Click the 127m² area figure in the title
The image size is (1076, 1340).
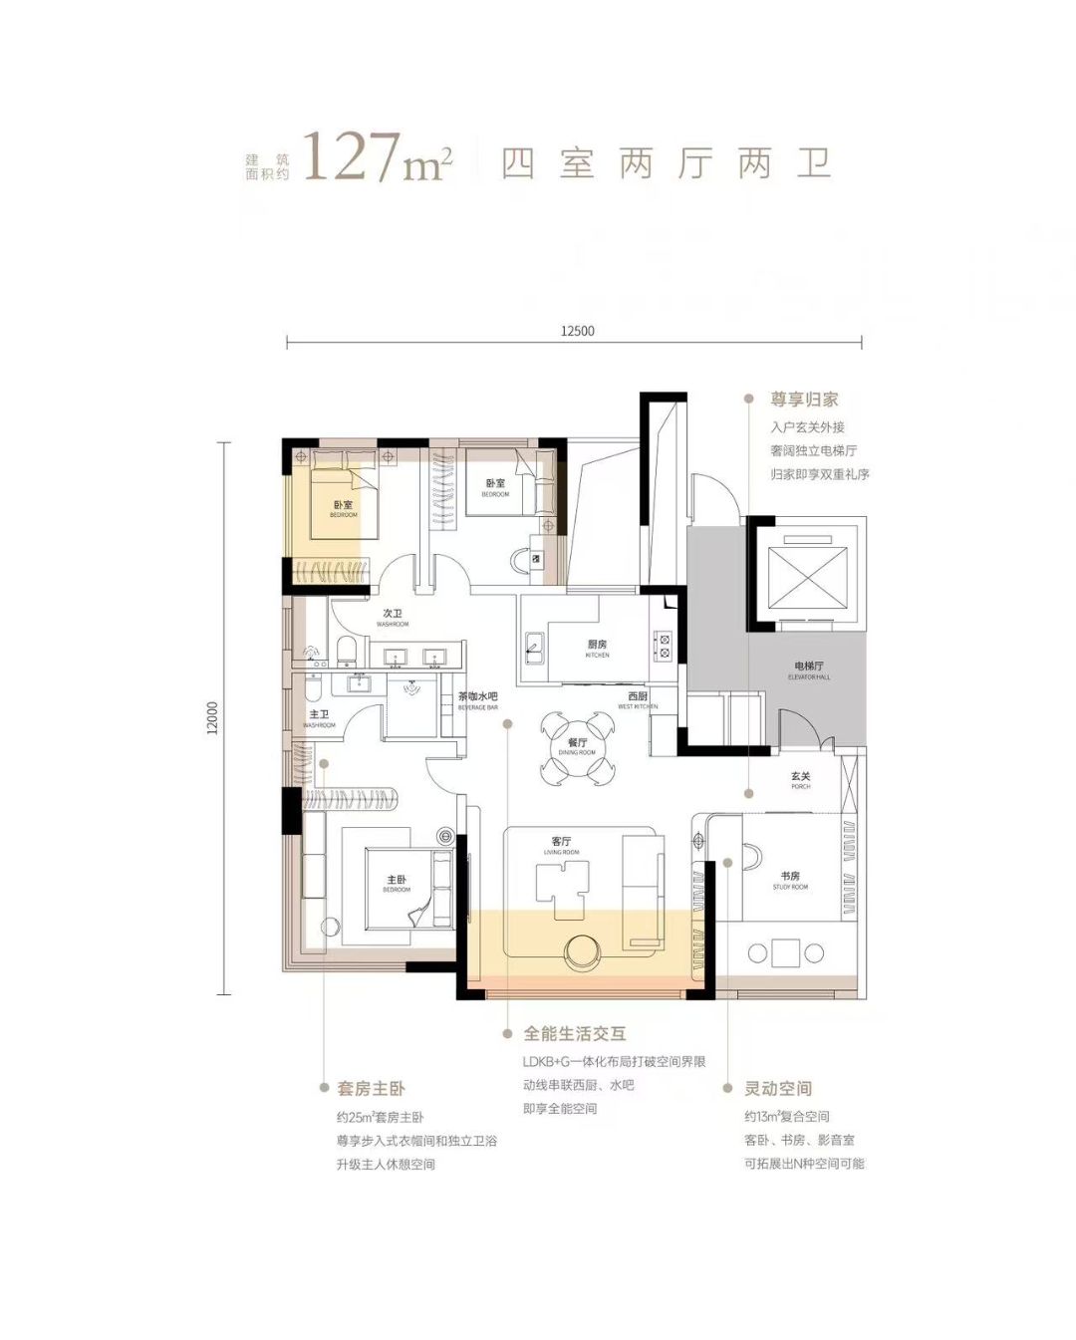[377, 159]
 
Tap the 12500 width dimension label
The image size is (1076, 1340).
[577, 331]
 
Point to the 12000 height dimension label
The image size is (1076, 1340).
[211, 717]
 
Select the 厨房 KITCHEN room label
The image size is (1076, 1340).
[597, 648]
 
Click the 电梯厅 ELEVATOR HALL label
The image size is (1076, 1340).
[808, 670]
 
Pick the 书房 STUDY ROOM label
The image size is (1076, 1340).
[790, 880]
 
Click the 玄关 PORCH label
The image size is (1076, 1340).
[800, 779]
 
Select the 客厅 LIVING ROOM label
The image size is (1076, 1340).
[561, 845]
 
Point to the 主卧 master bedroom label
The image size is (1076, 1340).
[397, 883]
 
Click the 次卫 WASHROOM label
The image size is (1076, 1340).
[393, 618]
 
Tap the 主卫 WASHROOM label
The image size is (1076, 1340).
[319, 718]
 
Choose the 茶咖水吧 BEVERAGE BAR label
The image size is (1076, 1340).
[477, 700]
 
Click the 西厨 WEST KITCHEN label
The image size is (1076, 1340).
[638, 699]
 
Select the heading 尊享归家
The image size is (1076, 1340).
[804, 400]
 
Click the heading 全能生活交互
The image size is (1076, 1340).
[575, 1034]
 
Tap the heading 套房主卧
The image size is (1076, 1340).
[371, 1089]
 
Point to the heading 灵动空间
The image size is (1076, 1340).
[778, 1089]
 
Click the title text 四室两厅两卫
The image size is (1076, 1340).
[666, 163]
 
